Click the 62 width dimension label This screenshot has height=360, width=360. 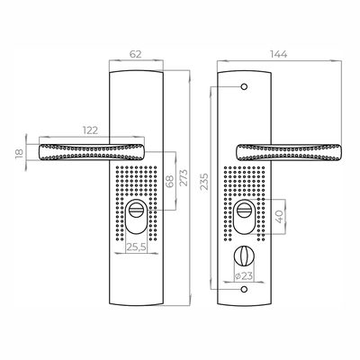coord(135,54)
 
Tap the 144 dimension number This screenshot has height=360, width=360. coord(279,54)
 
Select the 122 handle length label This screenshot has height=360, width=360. coord(90,130)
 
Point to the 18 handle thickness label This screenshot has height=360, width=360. coord(20,153)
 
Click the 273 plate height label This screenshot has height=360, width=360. coord(184,177)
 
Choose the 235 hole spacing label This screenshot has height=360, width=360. coord(204,182)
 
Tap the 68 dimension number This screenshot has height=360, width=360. coord(170,182)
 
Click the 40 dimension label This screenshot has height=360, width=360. coord(279,217)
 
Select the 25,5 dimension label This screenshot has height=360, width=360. coord(137,247)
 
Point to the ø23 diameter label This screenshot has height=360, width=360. coord(244,275)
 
